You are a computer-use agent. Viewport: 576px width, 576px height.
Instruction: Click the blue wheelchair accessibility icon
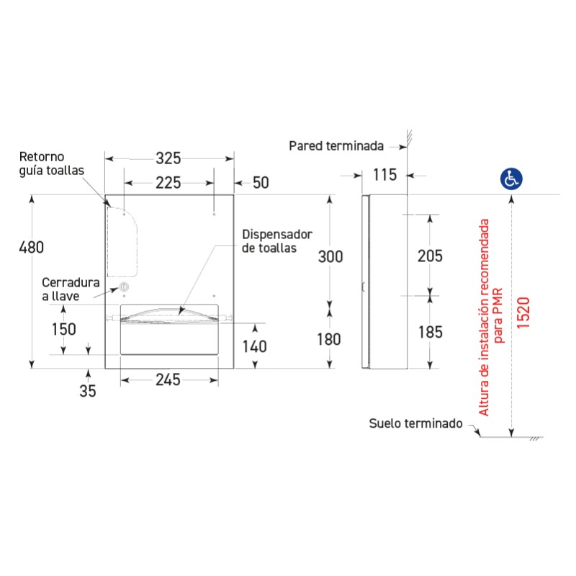tap(511, 179)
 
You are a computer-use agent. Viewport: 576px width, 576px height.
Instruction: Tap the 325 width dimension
tap(168, 158)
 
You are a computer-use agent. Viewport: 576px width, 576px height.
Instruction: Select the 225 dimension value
tap(168, 183)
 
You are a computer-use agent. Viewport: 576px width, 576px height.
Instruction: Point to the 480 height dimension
tap(32, 248)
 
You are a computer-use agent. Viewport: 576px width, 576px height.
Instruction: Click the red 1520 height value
tap(523, 312)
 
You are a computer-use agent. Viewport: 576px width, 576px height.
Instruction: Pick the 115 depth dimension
tap(384, 175)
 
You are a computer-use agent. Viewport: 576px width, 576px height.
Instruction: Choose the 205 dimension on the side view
tap(430, 256)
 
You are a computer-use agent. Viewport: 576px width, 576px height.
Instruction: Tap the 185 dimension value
tap(431, 333)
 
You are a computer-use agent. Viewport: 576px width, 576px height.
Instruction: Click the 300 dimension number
tap(330, 257)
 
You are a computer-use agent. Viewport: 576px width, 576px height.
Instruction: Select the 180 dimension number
tap(329, 339)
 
